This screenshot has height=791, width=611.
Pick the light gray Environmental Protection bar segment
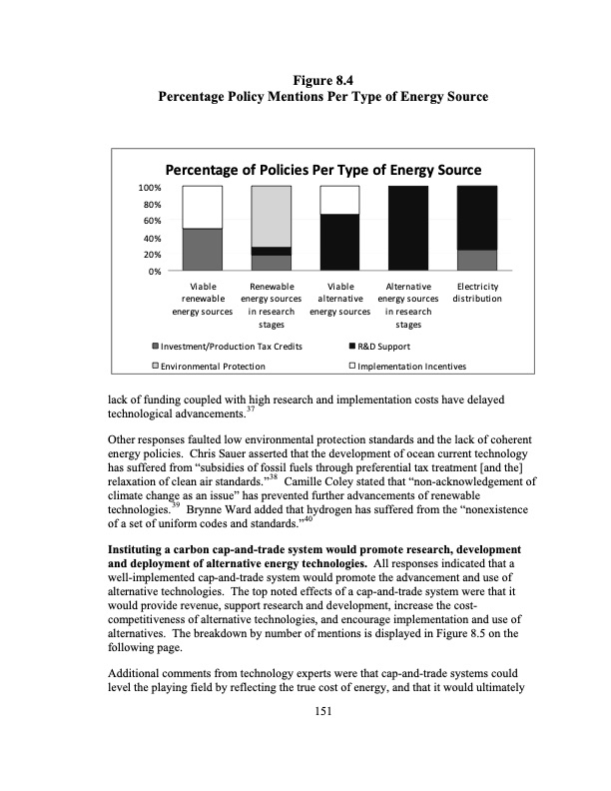coord(271,216)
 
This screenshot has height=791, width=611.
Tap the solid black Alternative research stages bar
coord(407,228)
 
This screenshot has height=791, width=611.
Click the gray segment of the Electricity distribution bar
coord(476,260)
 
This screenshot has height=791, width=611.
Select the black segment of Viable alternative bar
coord(339,242)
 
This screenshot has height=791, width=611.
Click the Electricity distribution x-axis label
coord(476,292)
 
